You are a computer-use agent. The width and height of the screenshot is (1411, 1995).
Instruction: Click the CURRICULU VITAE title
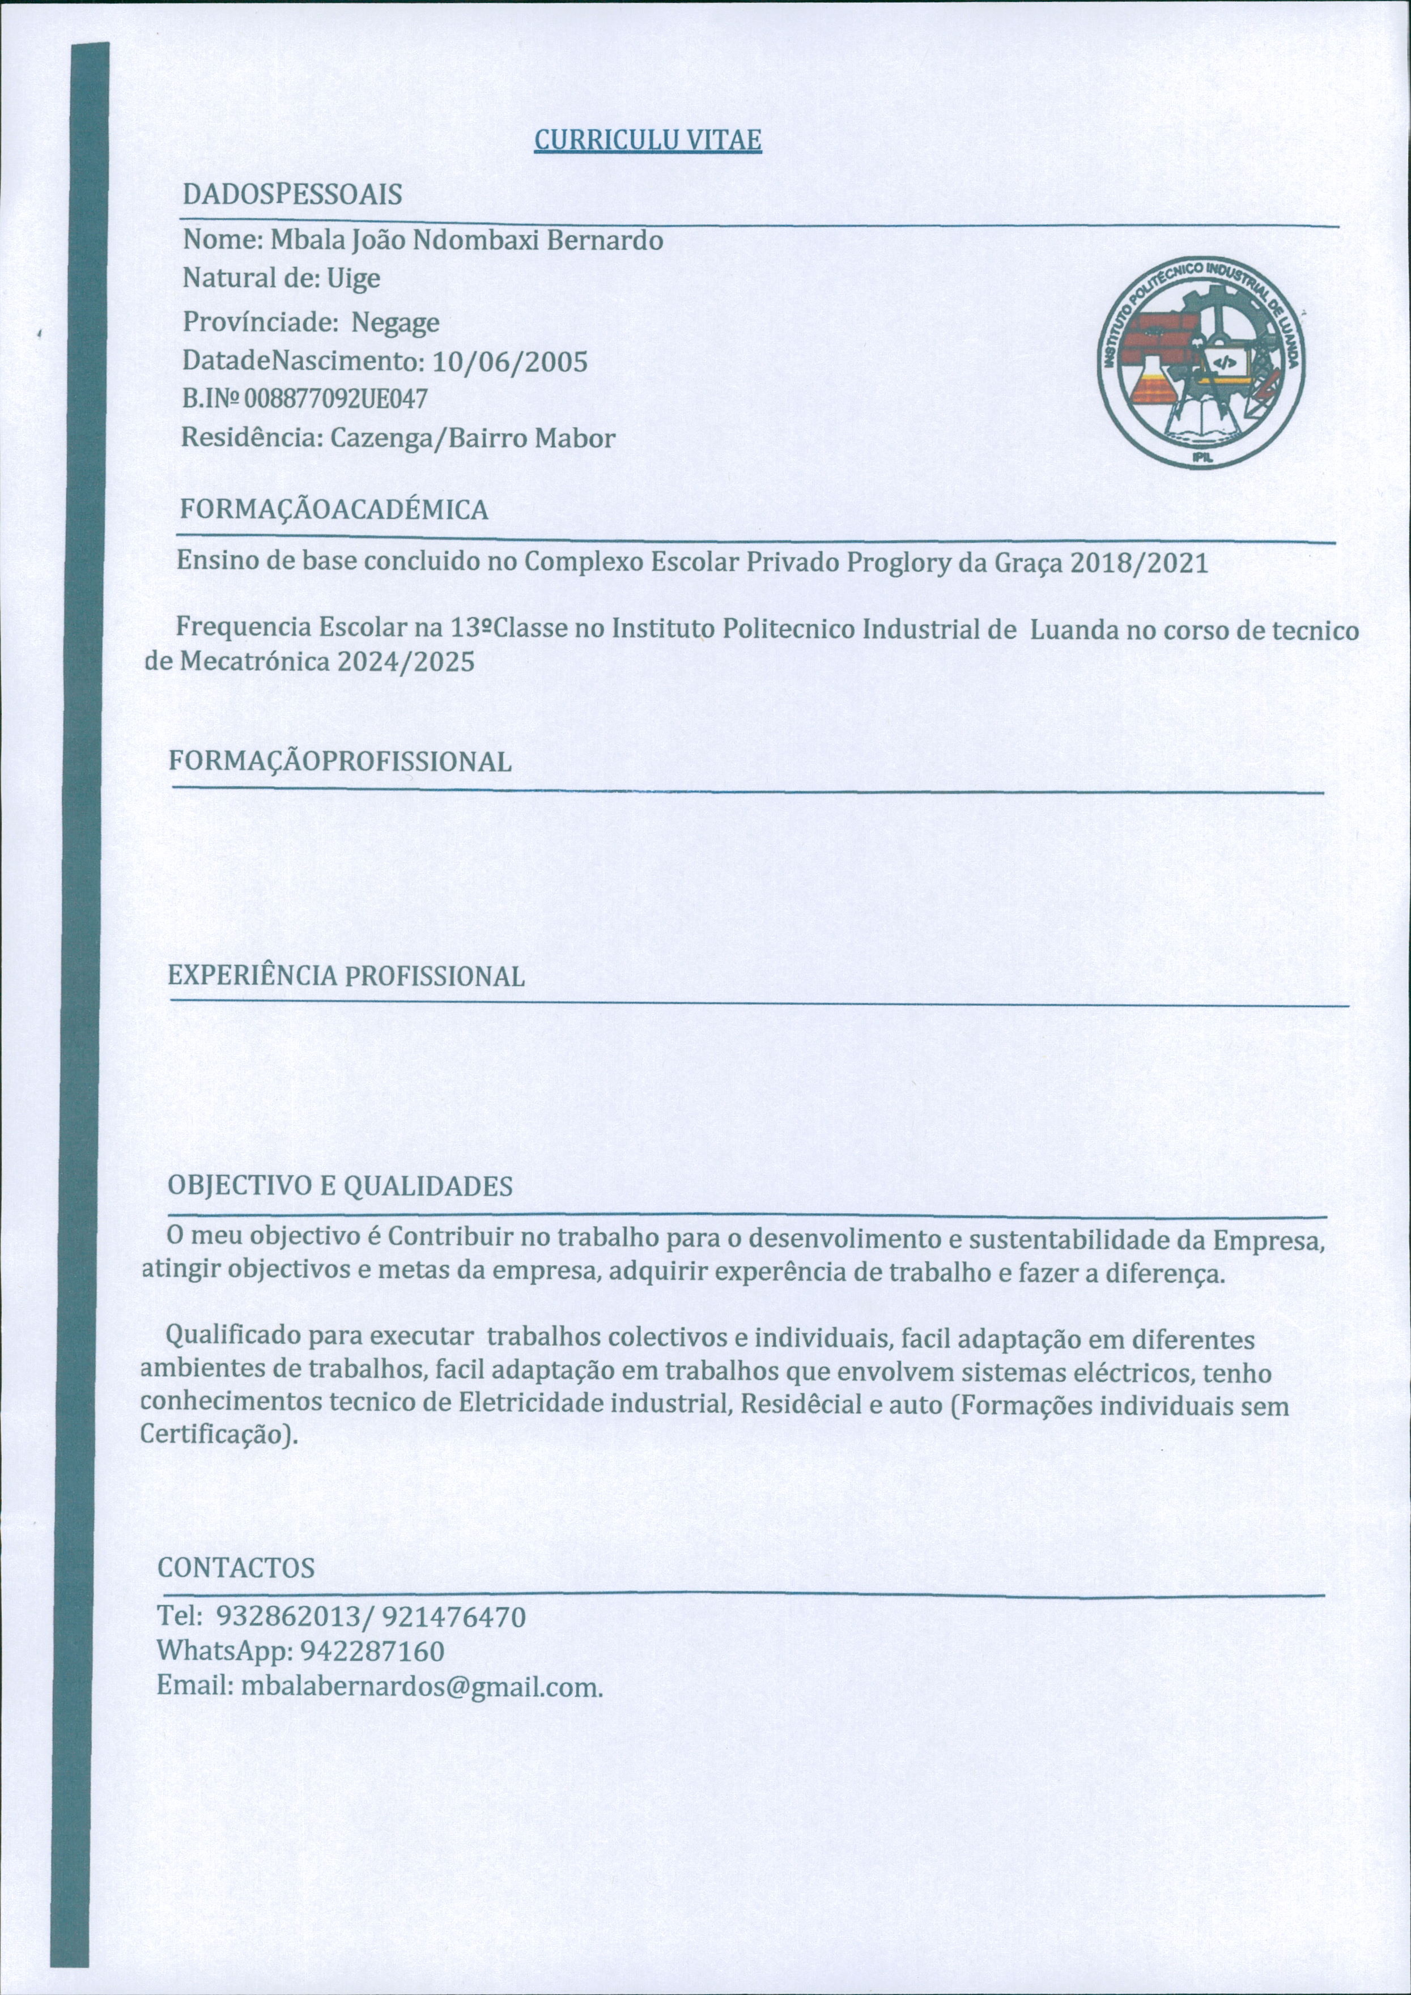click(647, 140)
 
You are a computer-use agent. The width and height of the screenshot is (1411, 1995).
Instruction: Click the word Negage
click(396, 323)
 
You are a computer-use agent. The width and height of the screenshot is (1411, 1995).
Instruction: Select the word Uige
click(354, 279)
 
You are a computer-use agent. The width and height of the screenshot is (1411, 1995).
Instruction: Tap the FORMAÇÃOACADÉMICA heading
click(334, 510)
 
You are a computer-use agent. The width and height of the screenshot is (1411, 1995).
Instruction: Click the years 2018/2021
click(1138, 563)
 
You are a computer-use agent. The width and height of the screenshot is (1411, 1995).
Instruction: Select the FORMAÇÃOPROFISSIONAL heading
click(340, 762)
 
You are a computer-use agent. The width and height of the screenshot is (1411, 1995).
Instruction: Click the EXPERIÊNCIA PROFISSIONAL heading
click(346, 977)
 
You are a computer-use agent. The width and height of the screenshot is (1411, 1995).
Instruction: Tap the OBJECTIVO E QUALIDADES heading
click(340, 1187)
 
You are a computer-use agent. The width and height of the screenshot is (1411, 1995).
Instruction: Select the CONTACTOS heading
click(236, 1568)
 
